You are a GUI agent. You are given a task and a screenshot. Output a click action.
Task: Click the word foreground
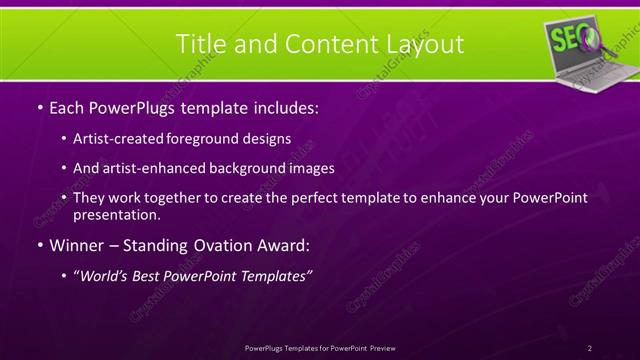coord(213,140)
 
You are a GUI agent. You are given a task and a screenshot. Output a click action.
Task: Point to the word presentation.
coord(116,214)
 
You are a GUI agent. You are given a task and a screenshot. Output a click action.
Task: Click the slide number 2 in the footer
coord(590,348)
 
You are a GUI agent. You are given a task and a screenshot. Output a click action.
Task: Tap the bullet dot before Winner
coord(38,245)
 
